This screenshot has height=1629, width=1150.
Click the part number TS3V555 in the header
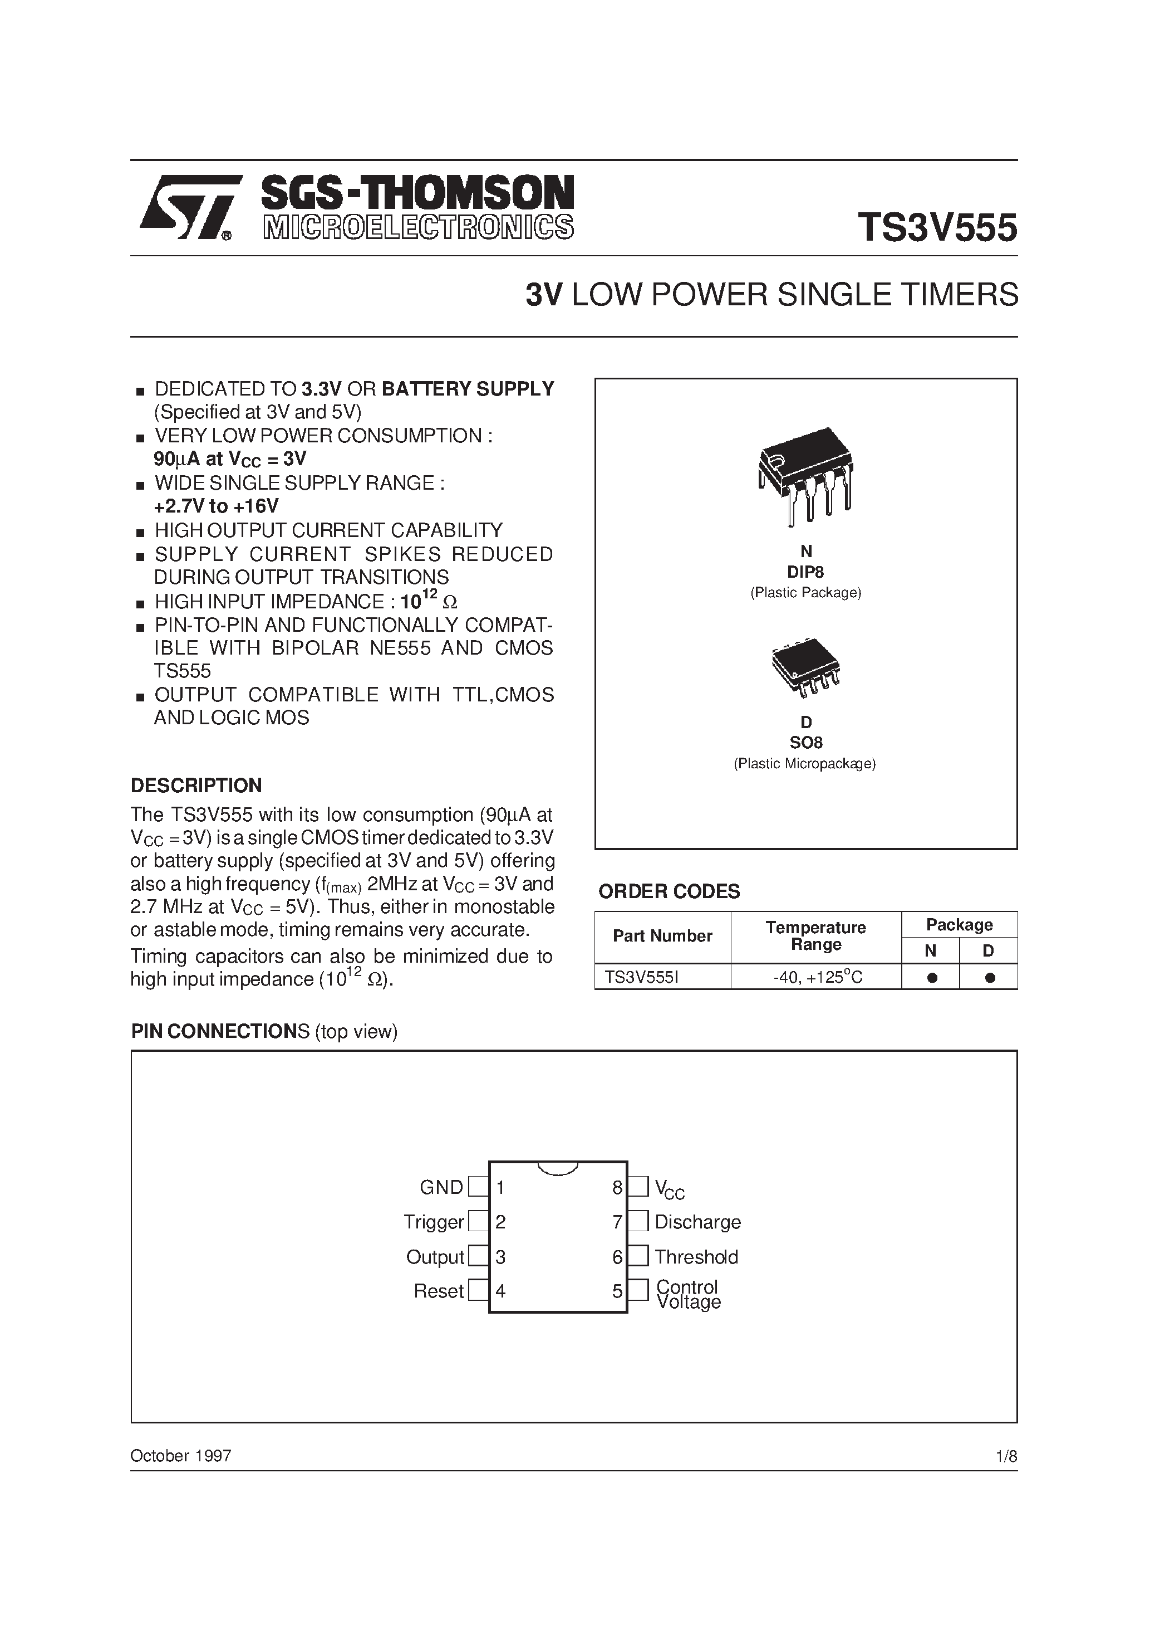[937, 228]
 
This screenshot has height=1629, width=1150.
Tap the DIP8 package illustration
[806, 475]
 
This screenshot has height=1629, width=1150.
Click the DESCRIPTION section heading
[196, 786]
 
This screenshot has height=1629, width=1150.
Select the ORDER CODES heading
[669, 891]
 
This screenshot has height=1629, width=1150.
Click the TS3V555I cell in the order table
[642, 978]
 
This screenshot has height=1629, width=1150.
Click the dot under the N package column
[932, 978]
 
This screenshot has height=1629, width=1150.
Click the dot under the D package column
[990, 978]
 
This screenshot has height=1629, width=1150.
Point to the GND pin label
[441, 1188]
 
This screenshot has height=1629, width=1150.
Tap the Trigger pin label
[433, 1222]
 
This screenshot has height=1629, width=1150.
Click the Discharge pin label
[697, 1222]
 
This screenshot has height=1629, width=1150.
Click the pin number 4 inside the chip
[500, 1291]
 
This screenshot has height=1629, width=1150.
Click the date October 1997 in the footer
[181, 1456]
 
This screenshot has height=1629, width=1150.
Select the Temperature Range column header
[816, 936]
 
